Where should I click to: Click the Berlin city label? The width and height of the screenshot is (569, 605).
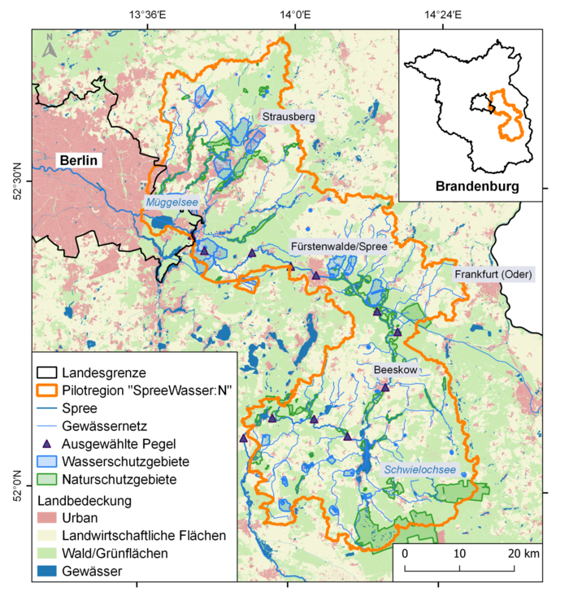pyautogui.click(x=79, y=160)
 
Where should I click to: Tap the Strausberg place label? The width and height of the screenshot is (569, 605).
pyautogui.click(x=288, y=117)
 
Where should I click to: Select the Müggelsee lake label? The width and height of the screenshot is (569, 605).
pyautogui.click(x=172, y=202)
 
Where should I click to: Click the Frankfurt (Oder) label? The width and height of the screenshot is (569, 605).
pyautogui.click(x=493, y=275)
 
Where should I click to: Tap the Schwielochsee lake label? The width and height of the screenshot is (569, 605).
pyautogui.click(x=419, y=469)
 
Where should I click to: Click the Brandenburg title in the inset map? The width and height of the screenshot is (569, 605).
pyautogui.click(x=477, y=186)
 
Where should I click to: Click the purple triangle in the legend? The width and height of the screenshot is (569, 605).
pyautogui.click(x=46, y=444)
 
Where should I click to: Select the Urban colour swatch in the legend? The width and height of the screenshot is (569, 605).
pyautogui.click(x=46, y=518)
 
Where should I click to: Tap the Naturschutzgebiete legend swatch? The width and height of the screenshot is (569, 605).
pyautogui.click(x=46, y=480)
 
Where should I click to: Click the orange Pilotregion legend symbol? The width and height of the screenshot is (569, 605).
pyautogui.click(x=46, y=390)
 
